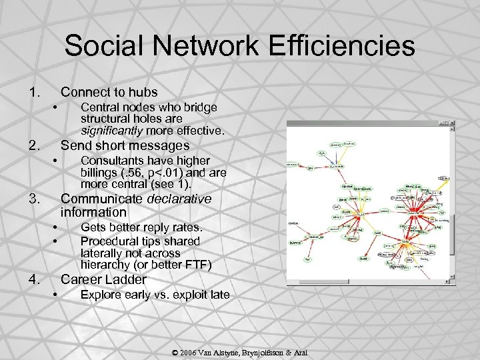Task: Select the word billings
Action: click(x=98, y=173)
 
